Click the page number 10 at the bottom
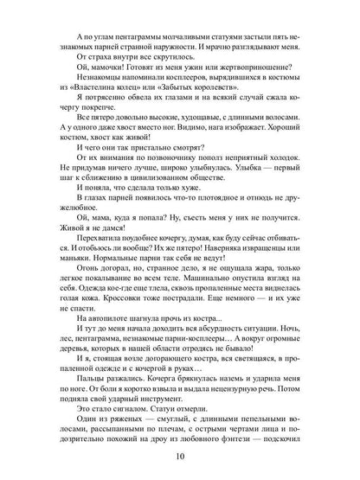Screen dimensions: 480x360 pyautogui.click(x=180, y=457)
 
